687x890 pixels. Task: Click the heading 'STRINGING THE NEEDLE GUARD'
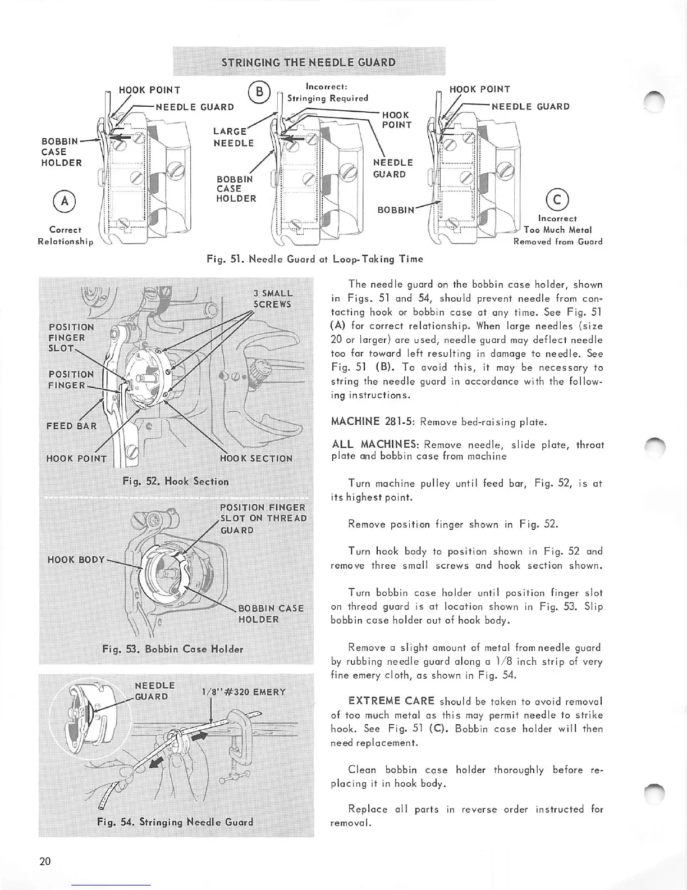click(x=308, y=62)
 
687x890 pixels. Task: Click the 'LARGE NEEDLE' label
click(x=233, y=137)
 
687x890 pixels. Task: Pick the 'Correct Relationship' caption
click(x=65, y=235)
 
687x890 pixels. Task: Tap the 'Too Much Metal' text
click(x=558, y=230)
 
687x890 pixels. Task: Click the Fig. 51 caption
click(x=315, y=259)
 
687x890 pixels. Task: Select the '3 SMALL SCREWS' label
click(x=273, y=299)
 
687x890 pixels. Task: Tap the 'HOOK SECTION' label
click(x=256, y=458)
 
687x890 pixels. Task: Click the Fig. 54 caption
click(x=175, y=822)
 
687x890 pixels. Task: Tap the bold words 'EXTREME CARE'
click(x=391, y=701)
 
